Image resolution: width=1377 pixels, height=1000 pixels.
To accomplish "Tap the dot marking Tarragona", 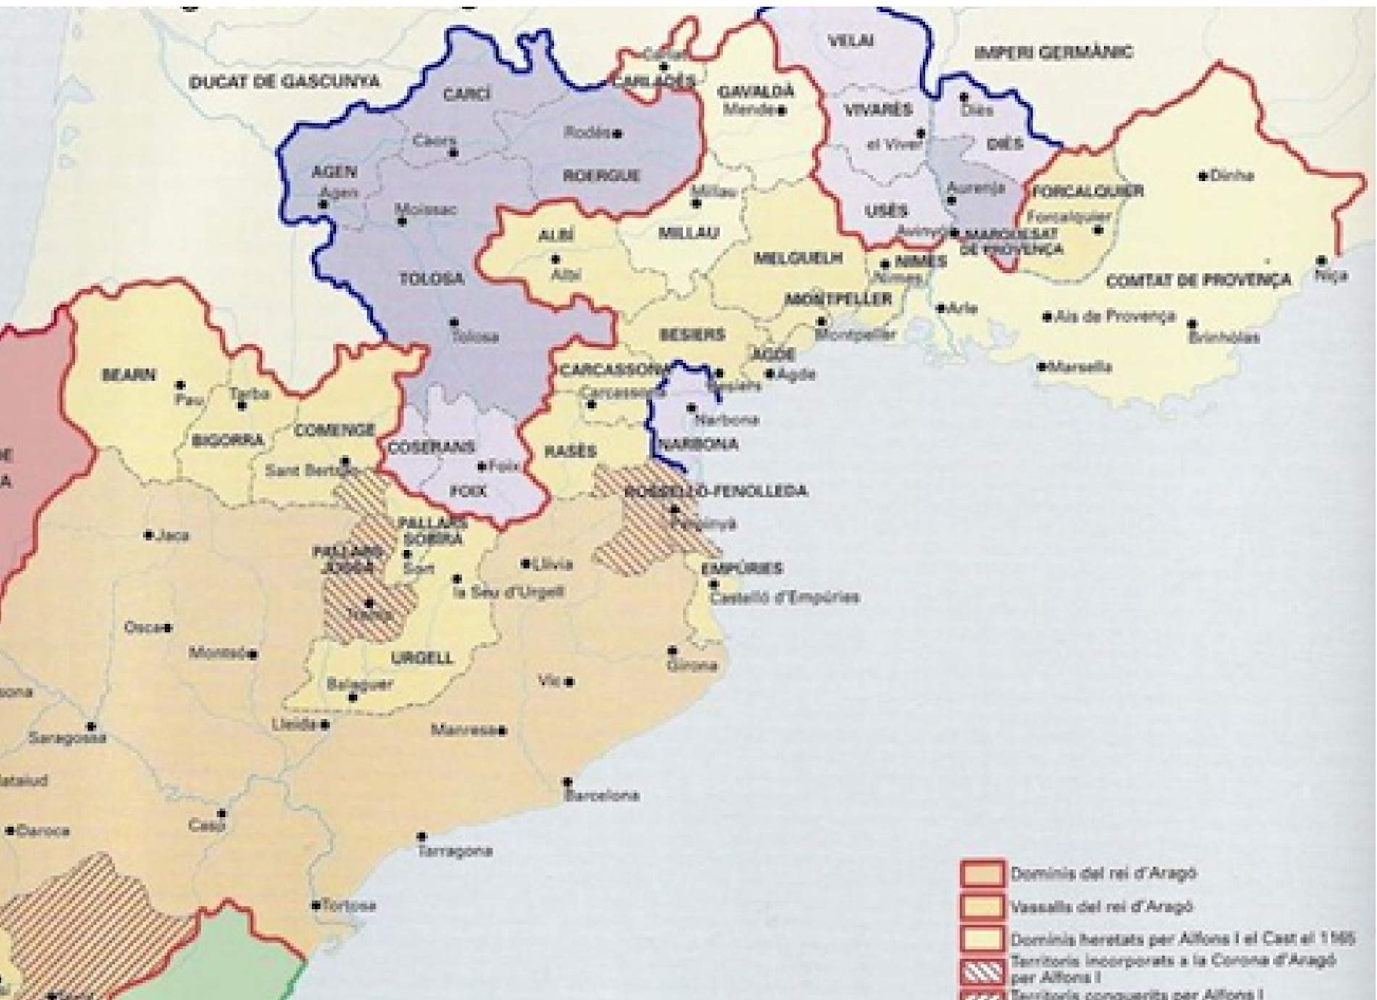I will [422, 836].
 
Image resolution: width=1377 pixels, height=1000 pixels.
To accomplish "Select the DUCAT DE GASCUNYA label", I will [284, 81].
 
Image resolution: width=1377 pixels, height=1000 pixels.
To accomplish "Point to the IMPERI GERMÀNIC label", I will [1054, 52].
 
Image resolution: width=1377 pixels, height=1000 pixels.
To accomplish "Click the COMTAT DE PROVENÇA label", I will [1198, 280].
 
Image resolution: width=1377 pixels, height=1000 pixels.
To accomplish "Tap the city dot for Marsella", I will [1041, 367].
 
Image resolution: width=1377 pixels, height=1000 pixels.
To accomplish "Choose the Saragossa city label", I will [67, 738].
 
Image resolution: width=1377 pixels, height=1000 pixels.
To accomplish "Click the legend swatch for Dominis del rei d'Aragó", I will [982, 874].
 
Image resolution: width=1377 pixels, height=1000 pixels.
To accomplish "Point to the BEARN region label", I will [129, 375].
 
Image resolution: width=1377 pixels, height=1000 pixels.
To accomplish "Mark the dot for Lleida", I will [325, 724].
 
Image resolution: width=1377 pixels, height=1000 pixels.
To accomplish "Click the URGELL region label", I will [422, 658].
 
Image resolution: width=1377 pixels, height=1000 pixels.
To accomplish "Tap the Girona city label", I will [692, 664].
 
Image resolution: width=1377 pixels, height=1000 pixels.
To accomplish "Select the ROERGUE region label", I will [601, 175].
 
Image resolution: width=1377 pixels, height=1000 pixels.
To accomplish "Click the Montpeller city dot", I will [821, 321].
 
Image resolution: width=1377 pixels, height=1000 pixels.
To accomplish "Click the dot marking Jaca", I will [149, 535].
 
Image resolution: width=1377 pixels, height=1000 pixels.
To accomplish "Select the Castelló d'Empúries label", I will [784, 598].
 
